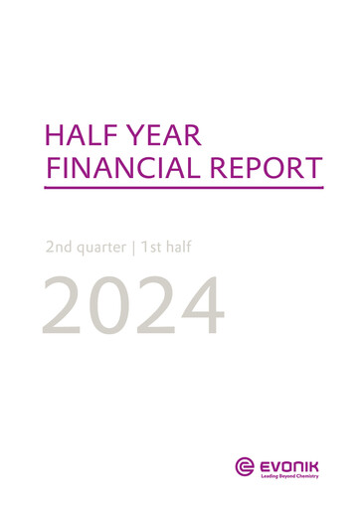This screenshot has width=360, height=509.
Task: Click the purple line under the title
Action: pos(184,187)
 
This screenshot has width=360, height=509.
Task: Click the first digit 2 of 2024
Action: pos(68,305)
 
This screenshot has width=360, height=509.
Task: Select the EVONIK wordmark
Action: pos(292,461)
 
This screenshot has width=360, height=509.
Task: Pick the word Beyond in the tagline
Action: pos(292,475)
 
